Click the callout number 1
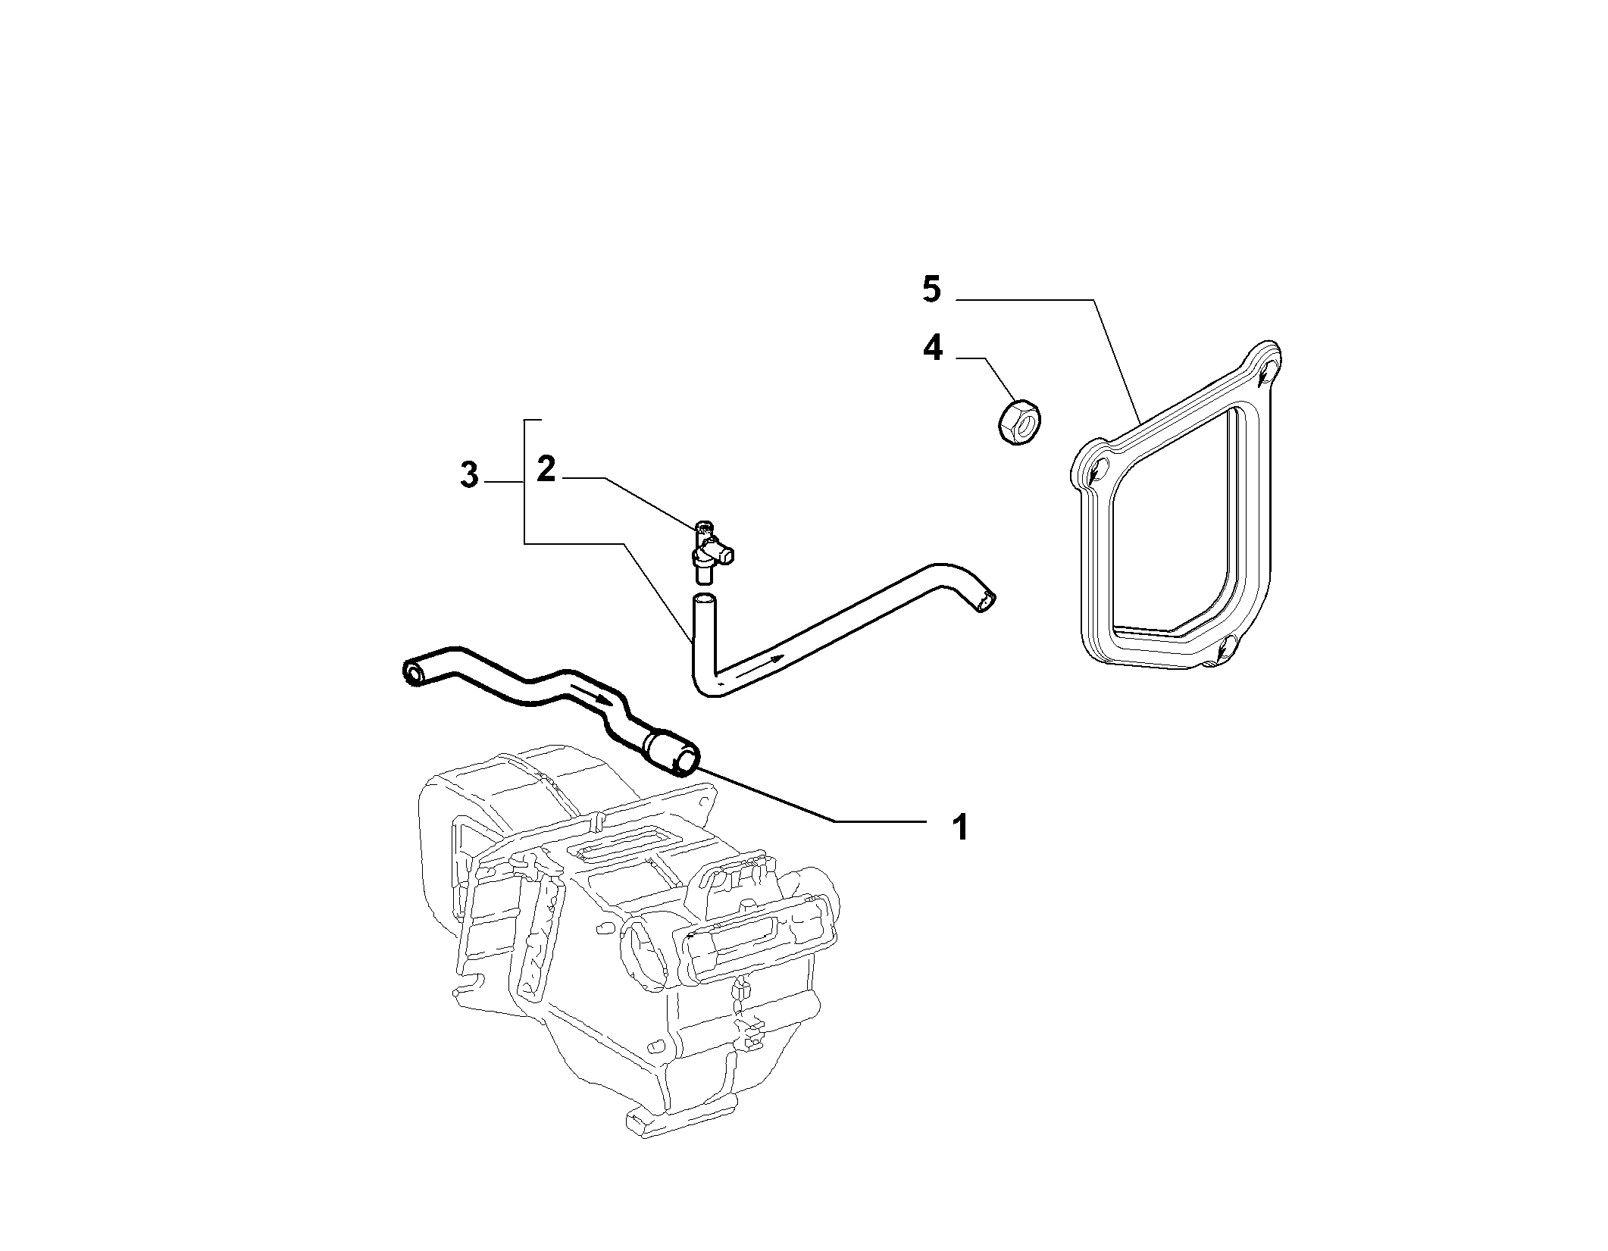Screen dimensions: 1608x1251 (x=959, y=827)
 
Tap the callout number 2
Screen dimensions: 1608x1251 (x=546, y=470)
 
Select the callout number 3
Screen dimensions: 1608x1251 (x=470, y=475)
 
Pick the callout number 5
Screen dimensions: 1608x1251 (x=932, y=289)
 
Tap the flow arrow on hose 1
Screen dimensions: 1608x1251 (x=592, y=694)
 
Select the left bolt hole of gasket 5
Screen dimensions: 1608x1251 (x=1097, y=471)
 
